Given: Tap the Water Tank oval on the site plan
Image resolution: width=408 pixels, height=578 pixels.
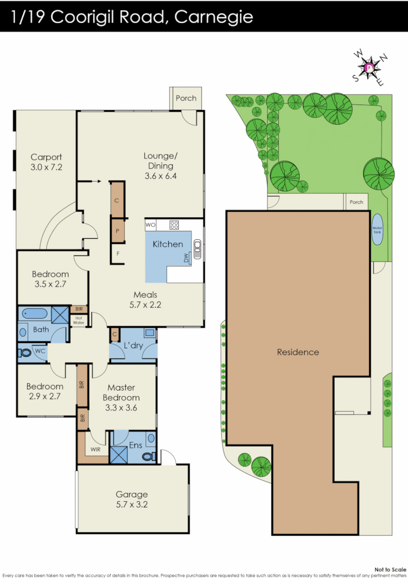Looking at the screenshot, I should [376, 229].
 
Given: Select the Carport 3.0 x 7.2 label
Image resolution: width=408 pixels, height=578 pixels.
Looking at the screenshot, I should [46, 162].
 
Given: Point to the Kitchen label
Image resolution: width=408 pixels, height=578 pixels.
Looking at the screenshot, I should [168, 244].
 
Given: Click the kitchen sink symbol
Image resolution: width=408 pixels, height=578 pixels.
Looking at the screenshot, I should [198, 247].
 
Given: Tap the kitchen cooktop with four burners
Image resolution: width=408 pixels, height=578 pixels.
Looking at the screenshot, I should [174, 225].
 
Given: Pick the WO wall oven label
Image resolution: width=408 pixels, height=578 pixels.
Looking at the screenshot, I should [151, 225].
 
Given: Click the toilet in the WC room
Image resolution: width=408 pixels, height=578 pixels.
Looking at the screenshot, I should [26, 353].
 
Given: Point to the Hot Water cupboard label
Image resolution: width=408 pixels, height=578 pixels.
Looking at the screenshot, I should [78, 319].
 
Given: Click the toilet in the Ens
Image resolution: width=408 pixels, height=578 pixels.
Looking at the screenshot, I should [148, 455].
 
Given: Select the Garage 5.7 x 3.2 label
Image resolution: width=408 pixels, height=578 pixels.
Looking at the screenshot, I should [132, 500].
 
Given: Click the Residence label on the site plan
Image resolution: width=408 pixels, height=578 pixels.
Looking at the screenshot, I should [298, 352].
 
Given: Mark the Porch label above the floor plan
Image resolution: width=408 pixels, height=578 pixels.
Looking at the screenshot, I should [186, 98].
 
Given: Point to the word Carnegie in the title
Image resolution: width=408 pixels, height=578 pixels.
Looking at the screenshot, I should [214, 16].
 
